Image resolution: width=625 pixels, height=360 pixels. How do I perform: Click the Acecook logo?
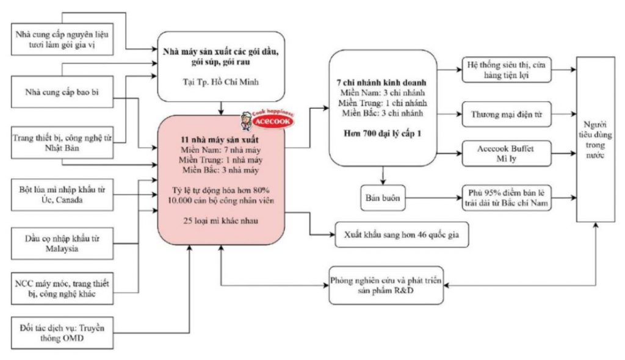point(267,119)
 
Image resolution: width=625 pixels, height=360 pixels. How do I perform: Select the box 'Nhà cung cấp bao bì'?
point(62,92)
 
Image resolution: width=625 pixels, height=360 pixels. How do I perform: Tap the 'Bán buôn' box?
point(383,198)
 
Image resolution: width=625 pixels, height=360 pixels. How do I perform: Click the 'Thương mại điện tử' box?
point(507,115)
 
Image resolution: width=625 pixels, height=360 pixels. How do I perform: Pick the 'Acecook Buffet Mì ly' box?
point(507,154)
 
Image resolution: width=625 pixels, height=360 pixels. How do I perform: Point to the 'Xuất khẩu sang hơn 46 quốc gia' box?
point(402,234)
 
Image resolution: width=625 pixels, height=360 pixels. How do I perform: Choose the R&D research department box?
point(386,286)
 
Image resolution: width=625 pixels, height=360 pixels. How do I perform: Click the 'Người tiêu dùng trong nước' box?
point(596,139)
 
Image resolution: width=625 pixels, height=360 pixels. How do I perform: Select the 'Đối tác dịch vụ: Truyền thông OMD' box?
point(62,333)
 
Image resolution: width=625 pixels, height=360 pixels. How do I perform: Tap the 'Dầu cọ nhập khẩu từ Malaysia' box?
point(62,243)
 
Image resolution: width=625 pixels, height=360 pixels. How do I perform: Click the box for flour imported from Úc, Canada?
point(62,195)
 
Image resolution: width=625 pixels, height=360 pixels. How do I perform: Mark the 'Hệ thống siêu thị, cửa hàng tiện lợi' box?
point(507,70)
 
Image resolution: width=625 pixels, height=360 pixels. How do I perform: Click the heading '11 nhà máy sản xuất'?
point(220,140)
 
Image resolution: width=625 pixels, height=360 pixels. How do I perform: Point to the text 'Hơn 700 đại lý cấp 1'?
point(382,134)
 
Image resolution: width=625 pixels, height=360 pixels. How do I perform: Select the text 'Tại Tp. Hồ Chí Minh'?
point(221,82)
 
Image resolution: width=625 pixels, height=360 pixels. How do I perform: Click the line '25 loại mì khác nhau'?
point(220,220)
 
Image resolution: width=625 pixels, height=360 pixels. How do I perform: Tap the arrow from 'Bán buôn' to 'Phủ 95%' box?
point(434,198)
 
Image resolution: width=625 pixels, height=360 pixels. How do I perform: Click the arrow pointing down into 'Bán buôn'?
point(383,175)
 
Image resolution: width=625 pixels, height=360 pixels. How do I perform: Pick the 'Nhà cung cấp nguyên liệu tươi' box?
point(62,40)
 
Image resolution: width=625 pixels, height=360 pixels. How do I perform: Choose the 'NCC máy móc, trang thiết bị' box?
point(62,289)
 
